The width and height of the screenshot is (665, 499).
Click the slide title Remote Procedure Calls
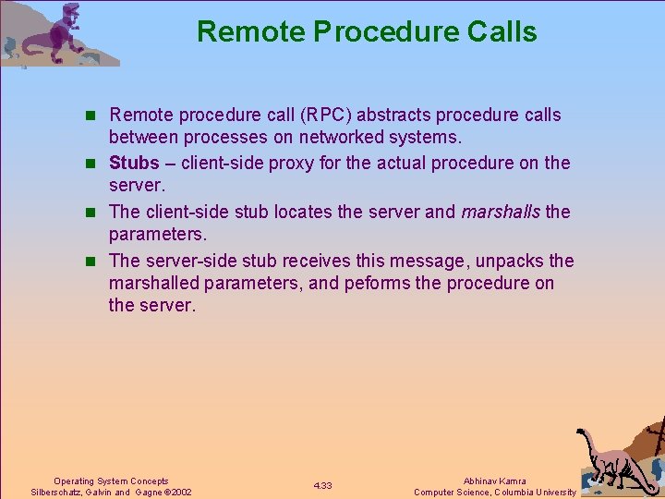[367, 32]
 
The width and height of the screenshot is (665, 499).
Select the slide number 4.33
[322, 486]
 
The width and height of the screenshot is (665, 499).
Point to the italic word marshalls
[501, 212]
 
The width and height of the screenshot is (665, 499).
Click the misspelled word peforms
[381, 284]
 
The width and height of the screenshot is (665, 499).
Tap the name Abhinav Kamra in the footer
[496, 481]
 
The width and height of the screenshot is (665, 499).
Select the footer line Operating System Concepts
[111, 481]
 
